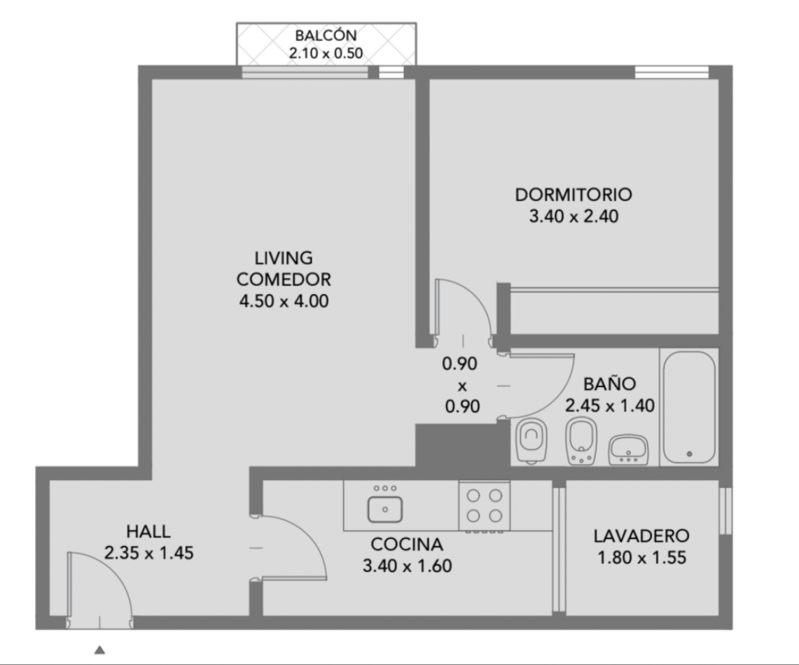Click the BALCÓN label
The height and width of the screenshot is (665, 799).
(x=326, y=35)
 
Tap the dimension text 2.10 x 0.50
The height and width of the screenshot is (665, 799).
(x=326, y=53)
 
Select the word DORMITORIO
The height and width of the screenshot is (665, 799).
(x=574, y=195)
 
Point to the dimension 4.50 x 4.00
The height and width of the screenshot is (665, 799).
(x=284, y=301)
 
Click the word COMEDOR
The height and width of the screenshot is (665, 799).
(x=284, y=279)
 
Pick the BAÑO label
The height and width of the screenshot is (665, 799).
(x=609, y=384)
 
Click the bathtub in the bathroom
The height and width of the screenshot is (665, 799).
(x=690, y=407)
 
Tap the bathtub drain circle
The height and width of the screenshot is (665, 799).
(x=690, y=454)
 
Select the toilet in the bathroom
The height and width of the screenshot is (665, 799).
(x=531, y=440)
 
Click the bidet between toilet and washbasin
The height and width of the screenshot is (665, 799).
(x=581, y=441)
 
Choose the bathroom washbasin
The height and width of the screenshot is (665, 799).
(x=628, y=450)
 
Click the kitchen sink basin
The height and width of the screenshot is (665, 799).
(x=385, y=510)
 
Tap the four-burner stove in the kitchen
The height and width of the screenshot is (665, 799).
(x=484, y=506)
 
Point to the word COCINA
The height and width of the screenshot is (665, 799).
(x=407, y=545)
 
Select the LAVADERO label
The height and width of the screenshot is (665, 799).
(x=641, y=535)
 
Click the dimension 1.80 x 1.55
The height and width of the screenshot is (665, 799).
(x=641, y=558)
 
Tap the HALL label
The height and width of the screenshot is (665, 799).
(x=148, y=531)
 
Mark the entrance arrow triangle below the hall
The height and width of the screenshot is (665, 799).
(x=100, y=650)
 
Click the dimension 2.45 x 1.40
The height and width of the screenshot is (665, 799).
(x=609, y=405)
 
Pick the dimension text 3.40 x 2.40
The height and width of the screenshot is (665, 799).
(x=574, y=216)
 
